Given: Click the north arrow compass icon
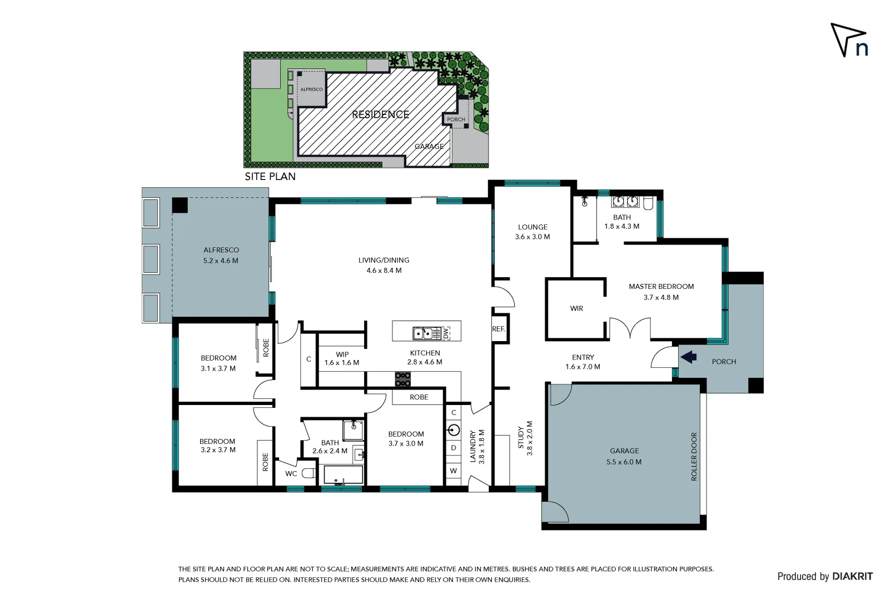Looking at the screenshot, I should (x=849, y=40).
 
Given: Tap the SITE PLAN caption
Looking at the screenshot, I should (x=270, y=177).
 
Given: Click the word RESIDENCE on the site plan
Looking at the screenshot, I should (x=380, y=114).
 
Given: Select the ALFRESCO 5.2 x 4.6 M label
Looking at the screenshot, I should (x=221, y=255).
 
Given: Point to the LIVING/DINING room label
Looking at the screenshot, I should (x=384, y=265).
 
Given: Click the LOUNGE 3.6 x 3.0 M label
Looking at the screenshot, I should (x=532, y=232).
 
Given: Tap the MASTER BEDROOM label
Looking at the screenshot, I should (x=661, y=292).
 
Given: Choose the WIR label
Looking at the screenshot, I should (x=576, y=308).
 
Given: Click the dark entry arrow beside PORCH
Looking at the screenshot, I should (x=689, y=357).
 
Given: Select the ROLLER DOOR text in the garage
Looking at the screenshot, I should (x=694, y=457).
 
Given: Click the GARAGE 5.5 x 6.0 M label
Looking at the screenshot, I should (x=624, y=456).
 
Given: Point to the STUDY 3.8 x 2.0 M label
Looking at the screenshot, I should (x=525, y=438).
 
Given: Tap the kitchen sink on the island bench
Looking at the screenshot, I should (x=424, y=333).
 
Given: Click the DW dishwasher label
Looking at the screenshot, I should (x=446, y=333).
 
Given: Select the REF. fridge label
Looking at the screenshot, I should (x=499, y=329).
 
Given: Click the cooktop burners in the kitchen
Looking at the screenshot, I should (x=402, y=379).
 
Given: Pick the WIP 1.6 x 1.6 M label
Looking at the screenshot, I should (x=342, y=358).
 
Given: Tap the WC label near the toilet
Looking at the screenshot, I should (x=291, y=474).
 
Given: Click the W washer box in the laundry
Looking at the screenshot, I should (x=454, y=471).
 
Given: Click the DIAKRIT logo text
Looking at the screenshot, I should (x=852, y=577).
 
